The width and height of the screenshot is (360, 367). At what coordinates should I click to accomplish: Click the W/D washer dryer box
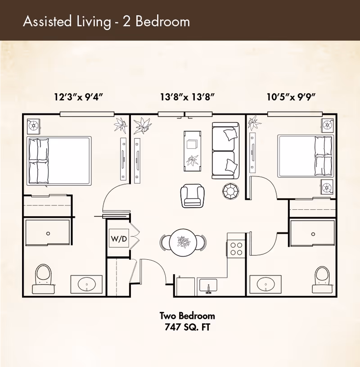click(x=119, y=239)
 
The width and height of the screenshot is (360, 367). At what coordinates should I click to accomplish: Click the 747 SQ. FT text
click(x=187, y=327)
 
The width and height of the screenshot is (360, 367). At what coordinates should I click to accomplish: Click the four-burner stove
click(x=236, y=249)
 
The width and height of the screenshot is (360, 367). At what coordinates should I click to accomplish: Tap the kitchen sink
click(x=208, y=285)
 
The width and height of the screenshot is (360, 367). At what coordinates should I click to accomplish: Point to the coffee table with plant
click(x=193, y=149)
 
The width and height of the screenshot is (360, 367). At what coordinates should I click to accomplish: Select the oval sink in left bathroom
click(x=86, y=284)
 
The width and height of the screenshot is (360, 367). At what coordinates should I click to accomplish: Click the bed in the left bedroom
click(x=59, y=160)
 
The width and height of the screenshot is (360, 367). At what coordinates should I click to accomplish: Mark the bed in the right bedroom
click(x=306, y=155)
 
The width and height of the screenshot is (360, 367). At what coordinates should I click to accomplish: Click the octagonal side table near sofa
click(x=231, y=191)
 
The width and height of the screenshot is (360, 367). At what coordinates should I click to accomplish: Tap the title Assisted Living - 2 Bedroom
click(x=106, y=21)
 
